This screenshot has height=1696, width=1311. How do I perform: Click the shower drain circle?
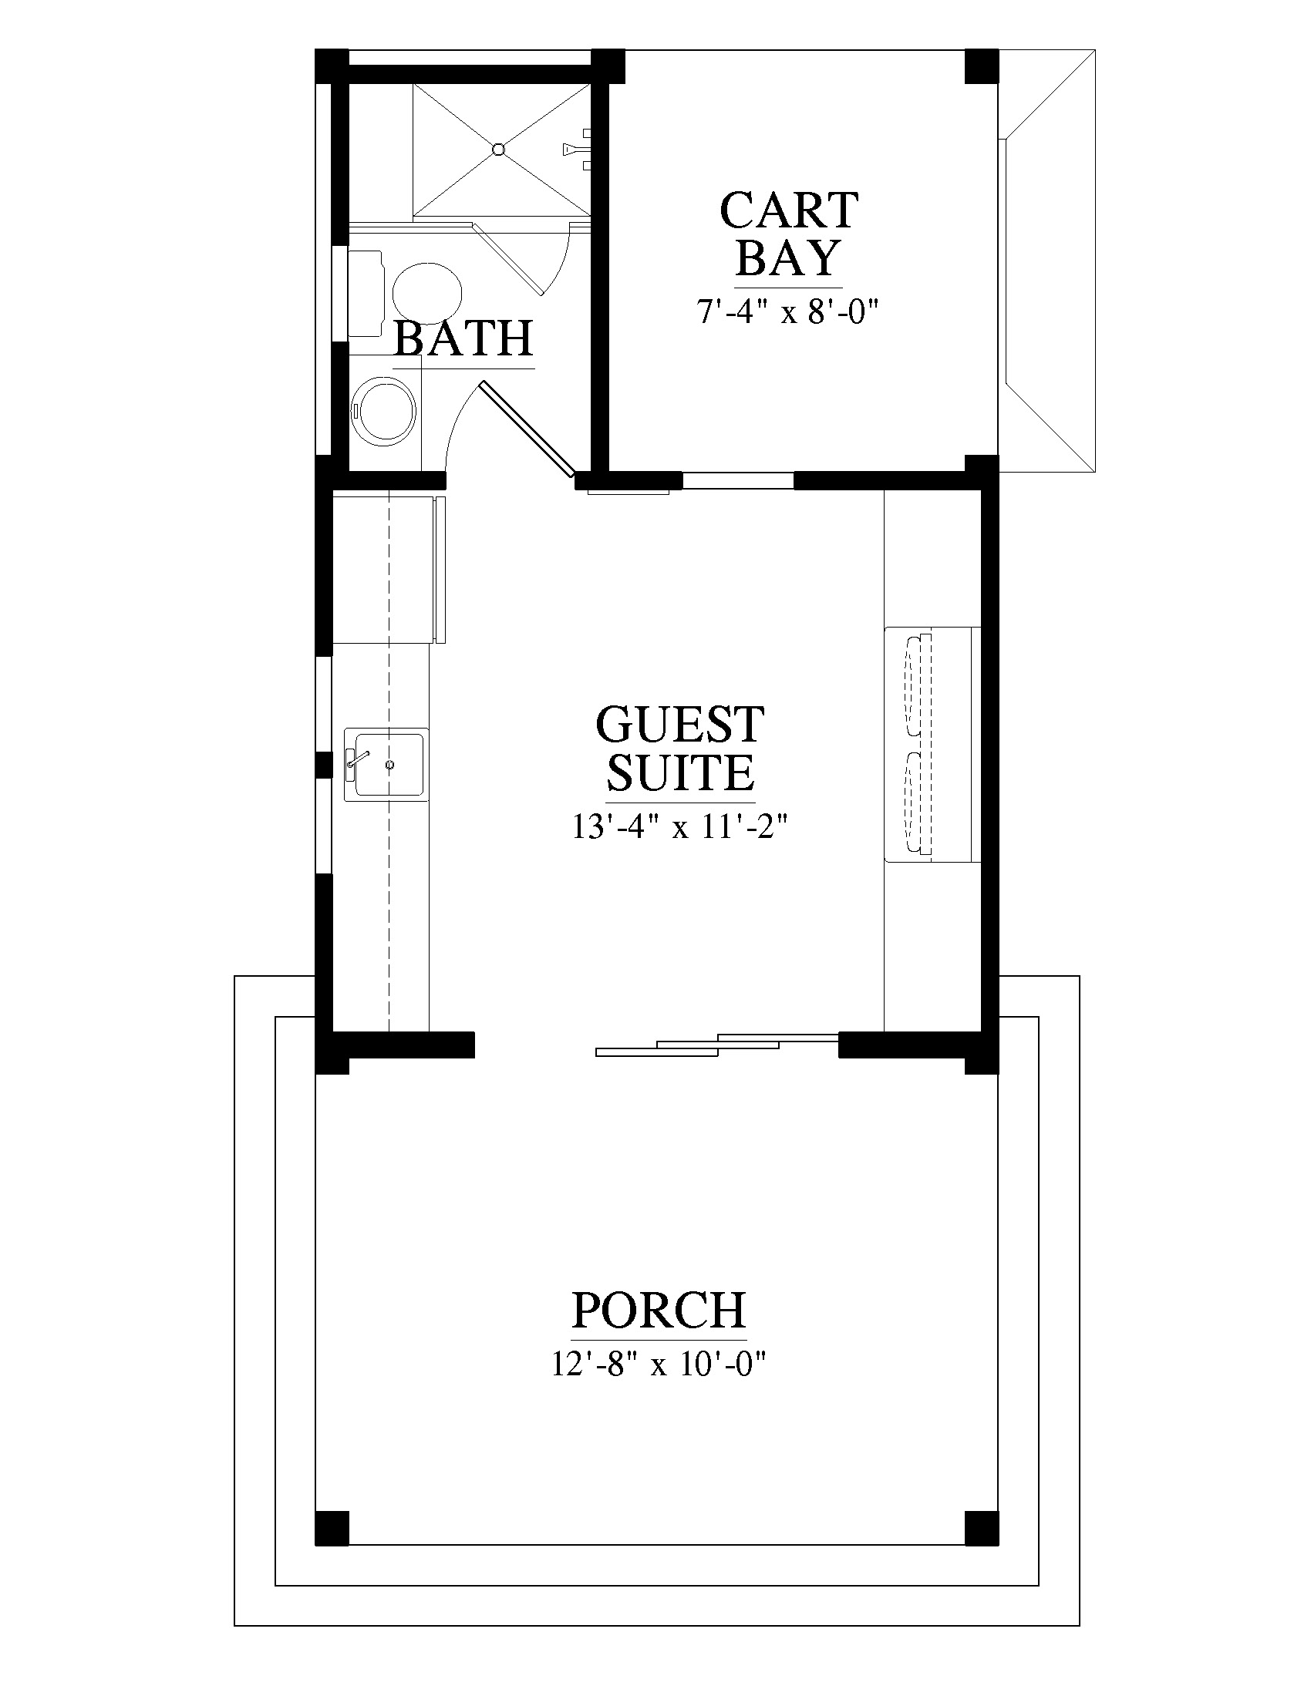[x=500, y=149]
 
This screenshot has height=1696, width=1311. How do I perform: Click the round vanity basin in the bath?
[x=384, y=412]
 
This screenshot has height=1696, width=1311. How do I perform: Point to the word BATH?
[x=463, y=338]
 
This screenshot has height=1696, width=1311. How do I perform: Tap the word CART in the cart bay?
[x=789, y=210]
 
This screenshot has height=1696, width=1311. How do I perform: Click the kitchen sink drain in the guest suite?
[x=390, y=765]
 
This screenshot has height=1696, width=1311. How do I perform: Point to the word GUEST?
[x=679, y=725]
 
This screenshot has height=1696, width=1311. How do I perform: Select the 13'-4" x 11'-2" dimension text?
[x=680, y=827]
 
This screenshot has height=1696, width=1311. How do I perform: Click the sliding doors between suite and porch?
[x=717, y=1045]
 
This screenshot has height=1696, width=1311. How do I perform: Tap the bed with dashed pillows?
[x=933, y=744]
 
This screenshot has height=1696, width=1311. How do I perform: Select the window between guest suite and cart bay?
[x=738, y=481]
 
